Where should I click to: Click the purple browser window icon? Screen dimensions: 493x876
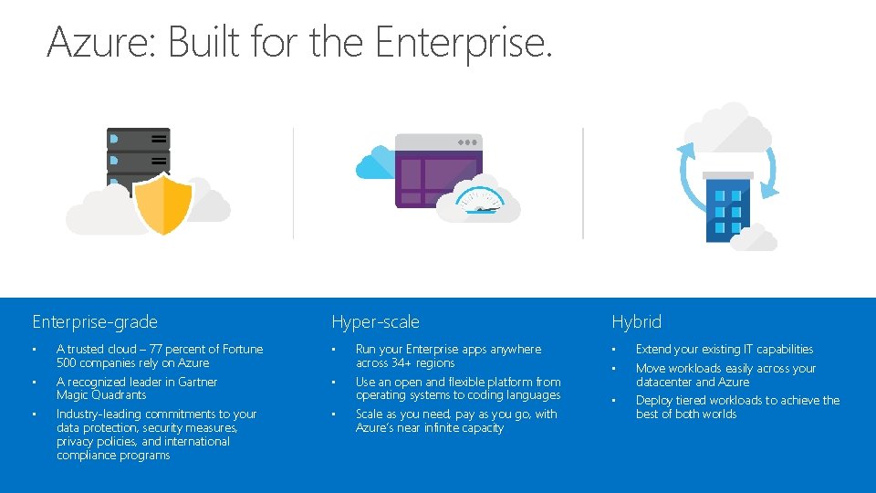coord(437,169)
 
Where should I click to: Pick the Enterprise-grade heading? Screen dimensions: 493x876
coord(95,321)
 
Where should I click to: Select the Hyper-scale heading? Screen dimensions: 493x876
coord(375,321)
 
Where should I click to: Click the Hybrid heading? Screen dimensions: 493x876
coord(636,321)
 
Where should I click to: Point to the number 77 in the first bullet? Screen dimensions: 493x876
coord(146,349)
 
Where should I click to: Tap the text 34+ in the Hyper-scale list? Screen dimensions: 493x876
coord(402,362)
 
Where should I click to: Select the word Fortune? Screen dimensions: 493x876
coord(241,349)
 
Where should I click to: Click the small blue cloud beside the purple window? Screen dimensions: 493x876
coord(373,163)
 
